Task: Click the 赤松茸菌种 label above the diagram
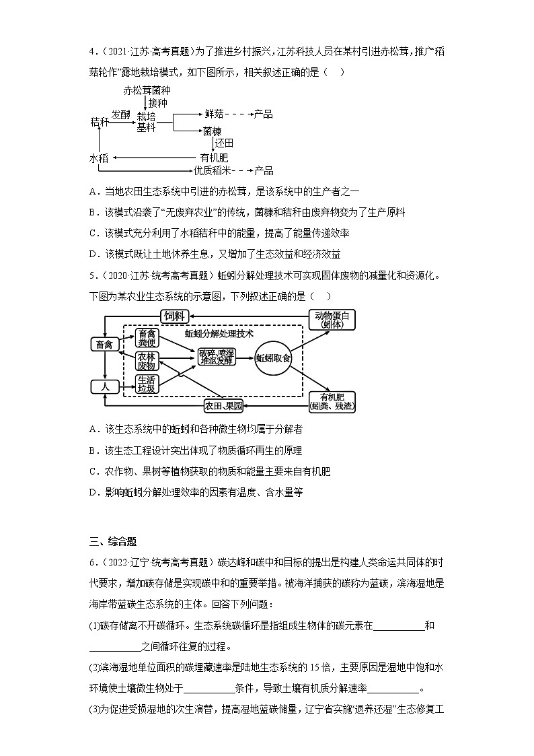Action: click(147, 90)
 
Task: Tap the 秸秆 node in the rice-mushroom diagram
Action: click(99, 121)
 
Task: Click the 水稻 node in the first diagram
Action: click(99, 158)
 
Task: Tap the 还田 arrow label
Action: click(224, 143)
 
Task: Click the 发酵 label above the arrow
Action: click(121, 115)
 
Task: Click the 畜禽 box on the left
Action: click(104, 345)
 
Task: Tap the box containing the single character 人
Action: click(104, 386)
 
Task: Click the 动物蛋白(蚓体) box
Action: click(332, 319)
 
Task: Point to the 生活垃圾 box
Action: click(147, 383)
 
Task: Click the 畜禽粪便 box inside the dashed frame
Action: click(147, 337)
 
